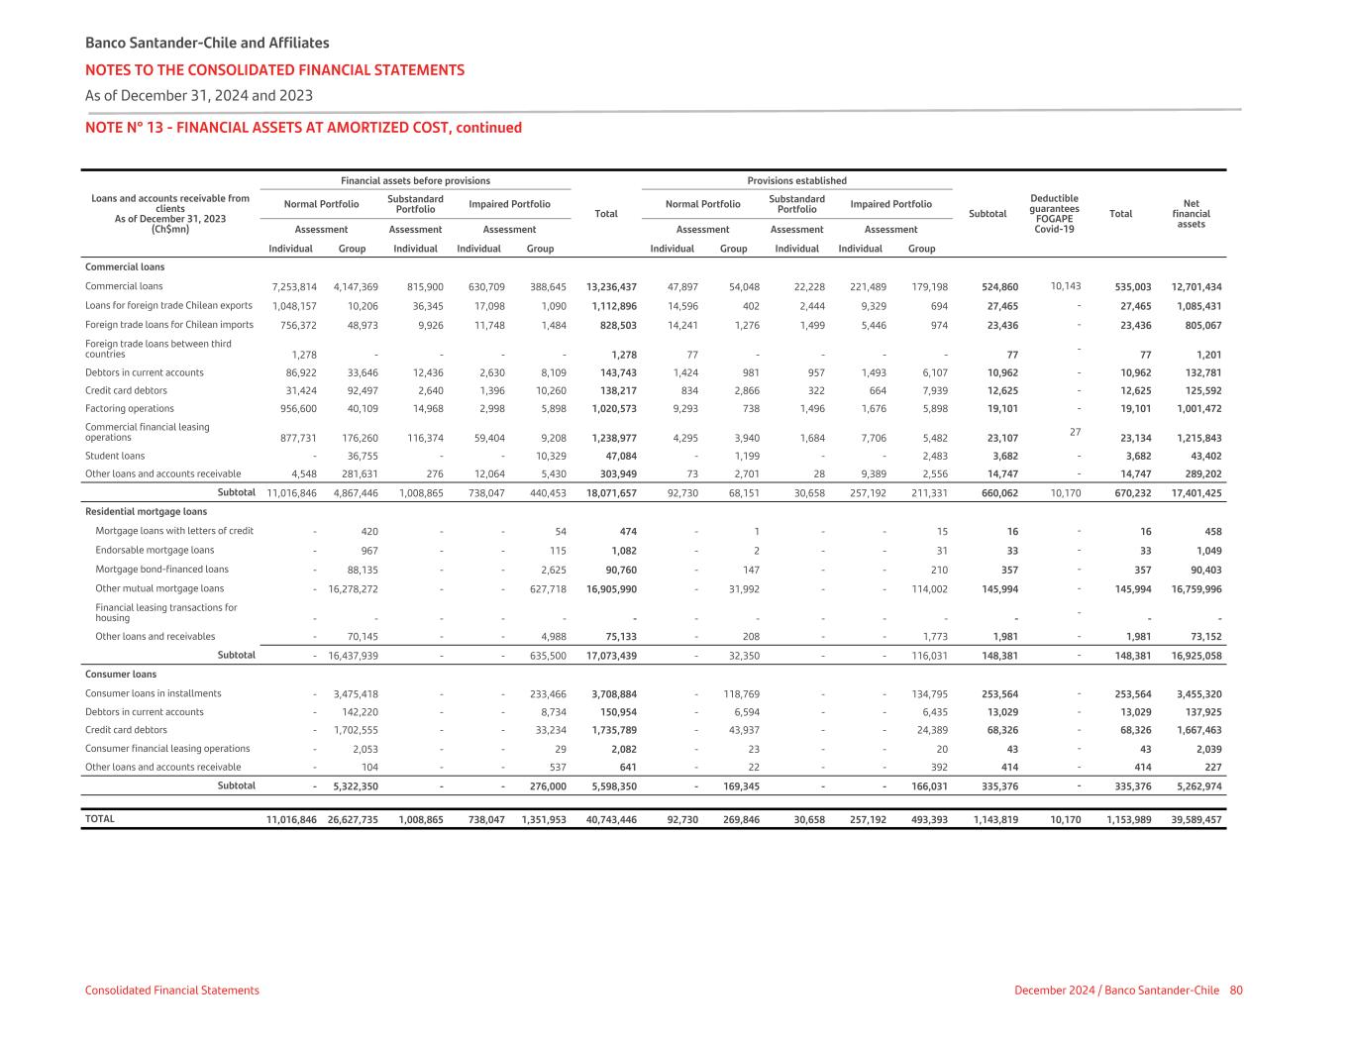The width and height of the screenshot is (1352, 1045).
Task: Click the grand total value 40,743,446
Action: tap(611, 820)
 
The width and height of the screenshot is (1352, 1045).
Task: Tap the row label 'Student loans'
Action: tap(115, 456)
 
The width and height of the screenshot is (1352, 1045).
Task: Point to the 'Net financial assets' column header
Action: tap(1191, 214)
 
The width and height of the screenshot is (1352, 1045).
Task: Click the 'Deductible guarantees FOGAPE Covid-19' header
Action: tap(1054, 214)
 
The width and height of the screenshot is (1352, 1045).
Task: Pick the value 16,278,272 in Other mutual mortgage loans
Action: tap(353, 588)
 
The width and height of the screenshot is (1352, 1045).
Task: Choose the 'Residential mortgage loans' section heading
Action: tap(147, 512)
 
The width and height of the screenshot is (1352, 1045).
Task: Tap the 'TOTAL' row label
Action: tap(100, 819)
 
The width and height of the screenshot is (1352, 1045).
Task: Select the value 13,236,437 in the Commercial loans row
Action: tap(611, 287)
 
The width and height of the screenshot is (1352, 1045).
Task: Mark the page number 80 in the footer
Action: tap(1236, 991)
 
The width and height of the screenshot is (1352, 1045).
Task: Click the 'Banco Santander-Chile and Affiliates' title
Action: tap(207, 43)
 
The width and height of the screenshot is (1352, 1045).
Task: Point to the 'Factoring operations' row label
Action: tap(130, 408)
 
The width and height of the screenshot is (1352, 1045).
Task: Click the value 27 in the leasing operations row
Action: tap(1075, 432)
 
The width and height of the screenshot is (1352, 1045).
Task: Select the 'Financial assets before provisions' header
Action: tap(415, 181)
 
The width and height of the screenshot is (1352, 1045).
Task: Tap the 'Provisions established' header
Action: tap(796, 181)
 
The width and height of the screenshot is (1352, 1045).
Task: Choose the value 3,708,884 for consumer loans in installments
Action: tap(611, 694)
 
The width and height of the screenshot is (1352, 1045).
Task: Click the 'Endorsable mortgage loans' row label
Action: tap(155, 551)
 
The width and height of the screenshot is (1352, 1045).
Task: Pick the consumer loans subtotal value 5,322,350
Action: tap(353, 786)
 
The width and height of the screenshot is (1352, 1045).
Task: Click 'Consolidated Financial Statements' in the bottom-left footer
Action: tap(172, 991)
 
